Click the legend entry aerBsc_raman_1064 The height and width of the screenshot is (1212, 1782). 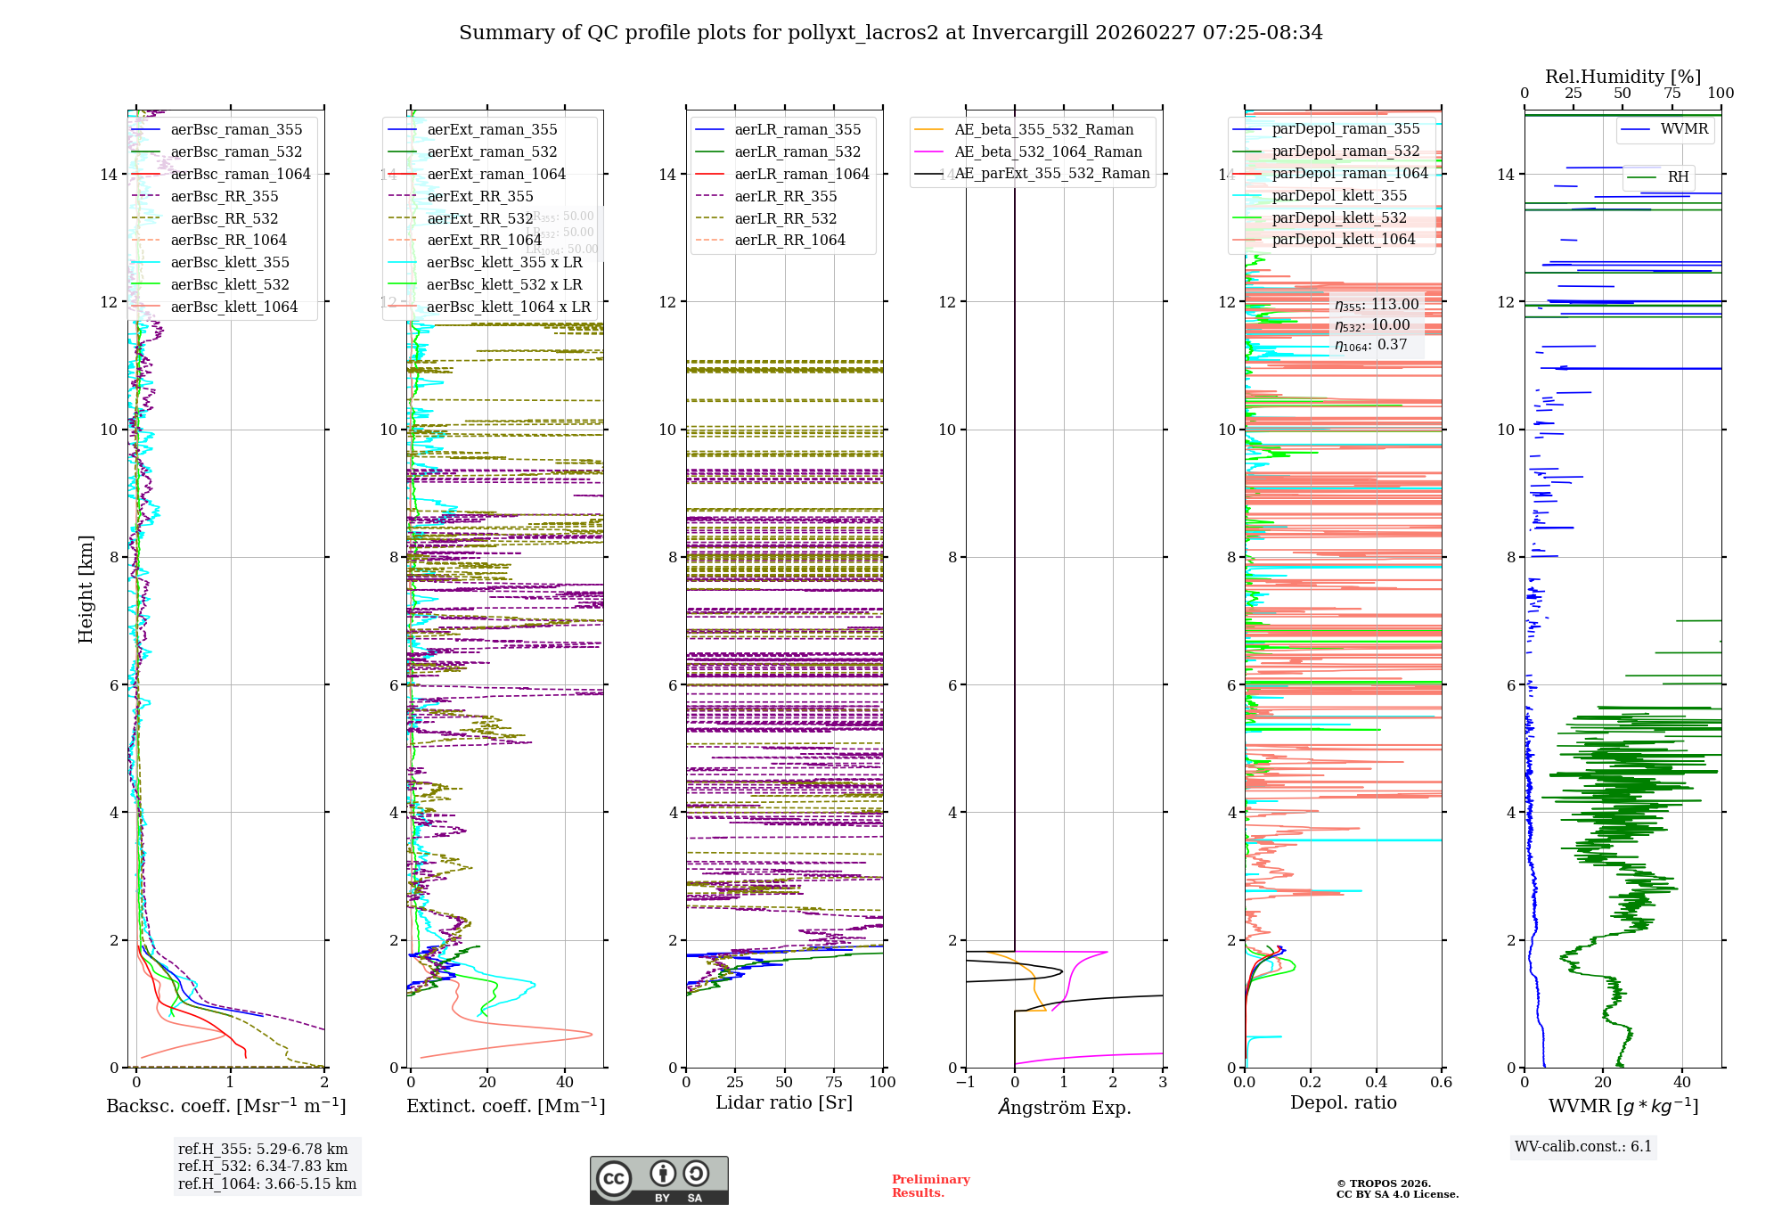click(x=241, y=174)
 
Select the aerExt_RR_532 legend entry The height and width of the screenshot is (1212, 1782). click(x=479, y=218)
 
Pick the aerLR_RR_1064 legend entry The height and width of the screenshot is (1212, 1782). click(x=789, y=240)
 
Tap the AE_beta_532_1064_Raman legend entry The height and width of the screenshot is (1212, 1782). click(x=1048, y=151)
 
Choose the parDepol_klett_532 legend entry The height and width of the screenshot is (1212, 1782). click(x=1339, y=217)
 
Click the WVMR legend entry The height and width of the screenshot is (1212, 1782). click(x=1684, y=129)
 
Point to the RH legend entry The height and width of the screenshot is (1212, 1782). click(x=1678, y=176)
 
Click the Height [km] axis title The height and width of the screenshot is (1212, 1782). click(x=86, y=589)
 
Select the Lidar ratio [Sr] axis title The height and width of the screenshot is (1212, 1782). click(x=784, y=1103)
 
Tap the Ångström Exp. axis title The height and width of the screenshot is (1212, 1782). click(x=1064, y=1107)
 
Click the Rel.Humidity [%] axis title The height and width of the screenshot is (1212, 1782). click(x=1623, y=77)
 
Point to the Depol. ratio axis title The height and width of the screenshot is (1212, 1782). click(x=1343, y=1103)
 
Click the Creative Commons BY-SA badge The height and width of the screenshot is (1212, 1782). click(x=658, y=1180)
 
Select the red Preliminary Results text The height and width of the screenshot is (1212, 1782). click(x=930, y=1185)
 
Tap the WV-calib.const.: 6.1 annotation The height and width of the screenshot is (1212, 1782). click(x=1583, y=1147)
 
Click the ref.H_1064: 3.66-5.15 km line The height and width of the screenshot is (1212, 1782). click(x=266, y=1184)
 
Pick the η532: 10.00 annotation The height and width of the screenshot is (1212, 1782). click(x=1372, y=325)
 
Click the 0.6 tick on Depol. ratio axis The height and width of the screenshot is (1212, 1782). click(x=1441, y=1083)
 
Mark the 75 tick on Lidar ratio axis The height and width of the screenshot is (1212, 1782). click(x=834, y=1083)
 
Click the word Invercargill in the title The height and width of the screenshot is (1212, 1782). click(x=1030, y=33)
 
